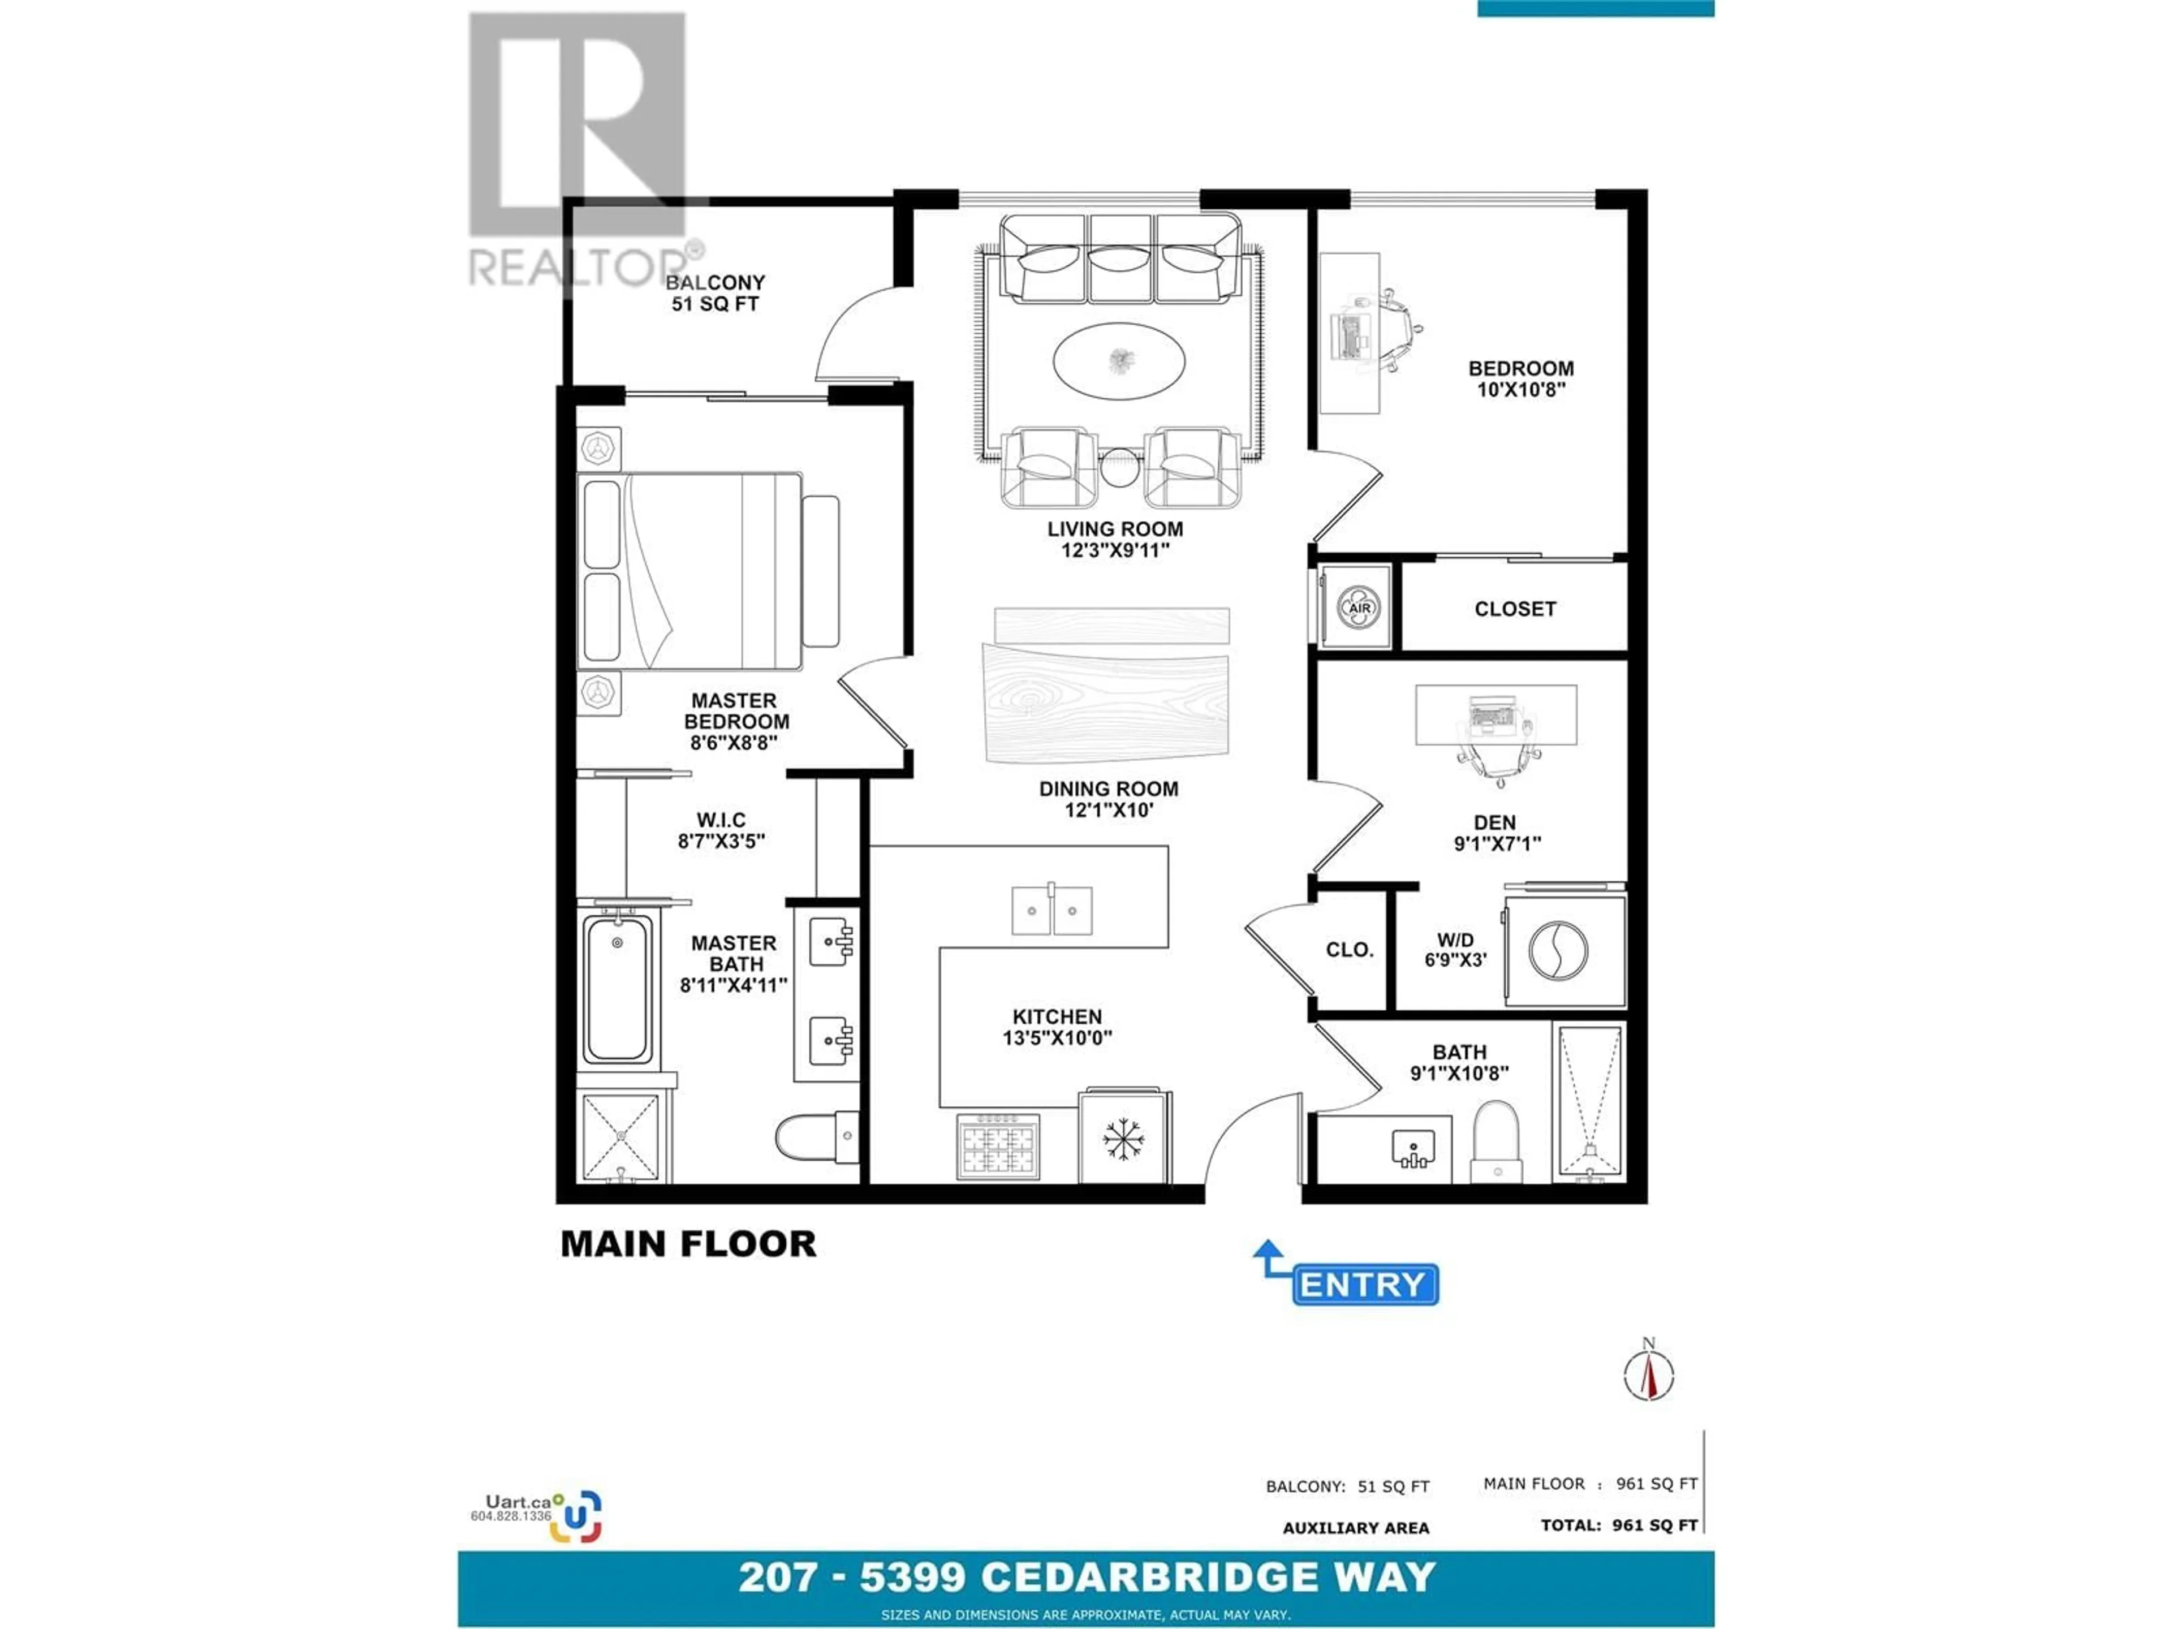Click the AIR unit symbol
tap(1359, 608)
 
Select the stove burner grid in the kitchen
tap(998, 1146)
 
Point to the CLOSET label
tap(1515, 609)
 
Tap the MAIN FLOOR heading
tap(688, 1244)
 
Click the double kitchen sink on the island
tap(1051, 910)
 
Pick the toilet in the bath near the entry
tap(1497, 1142)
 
